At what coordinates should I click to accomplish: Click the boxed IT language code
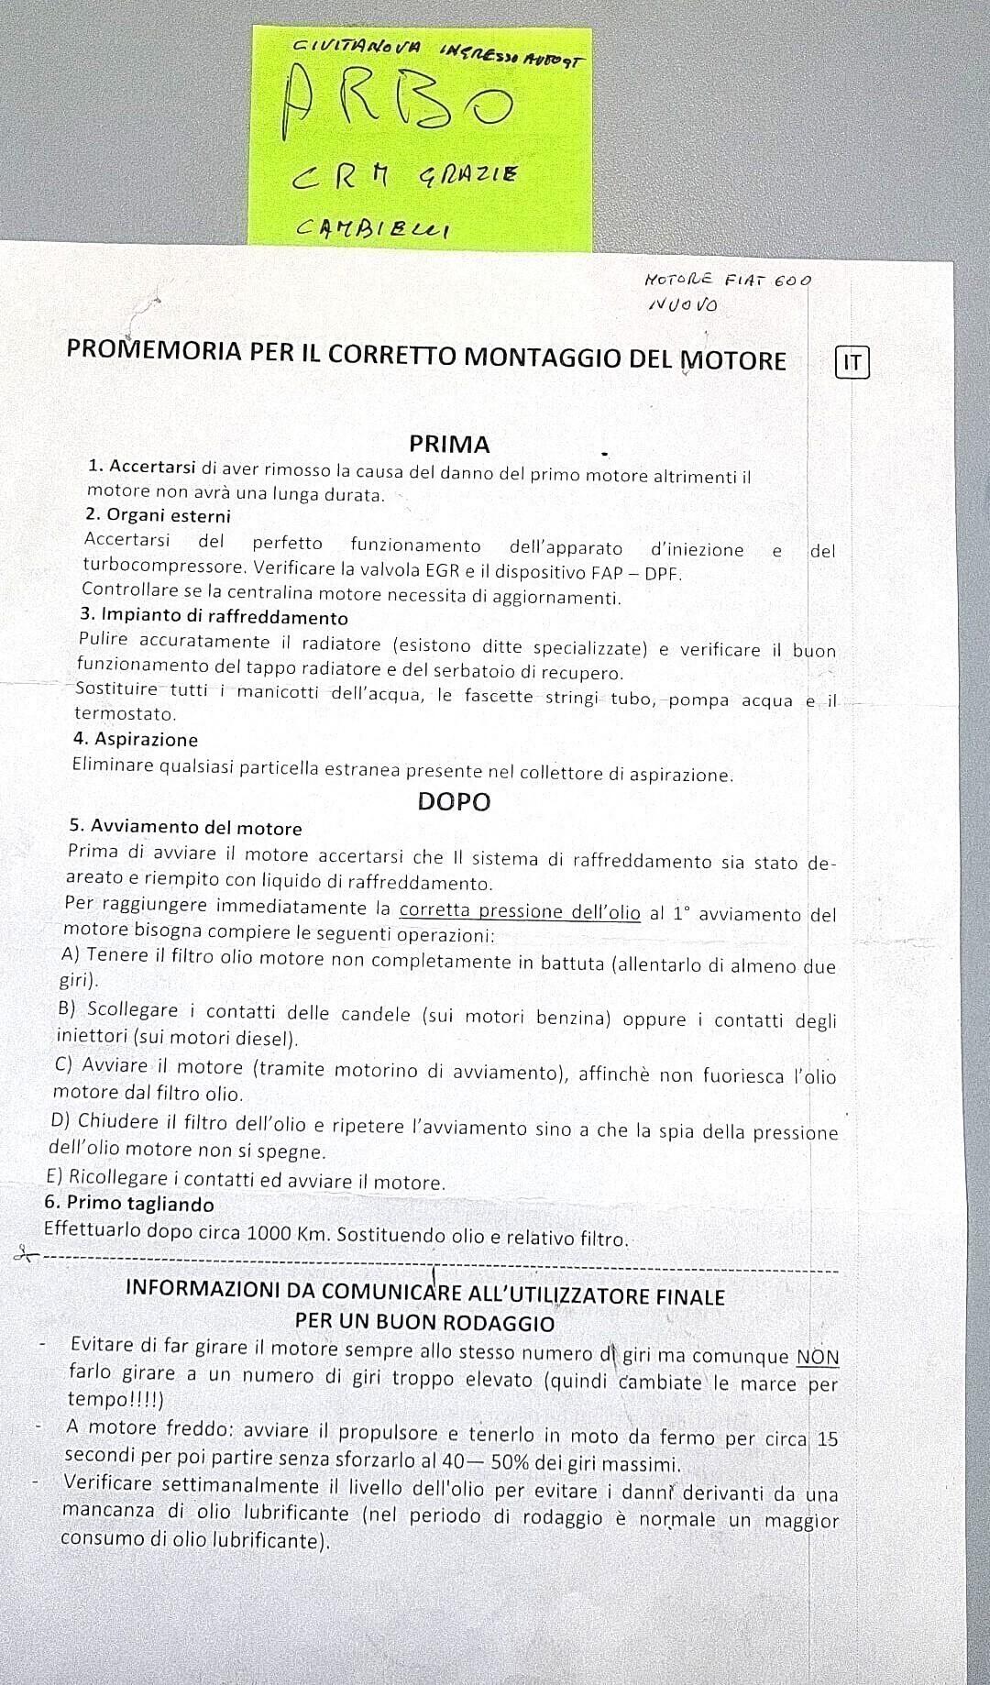852,362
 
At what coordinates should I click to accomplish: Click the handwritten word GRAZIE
468,172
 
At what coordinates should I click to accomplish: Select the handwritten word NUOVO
683,304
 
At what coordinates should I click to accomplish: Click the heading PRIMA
449,445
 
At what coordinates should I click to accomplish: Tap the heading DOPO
454,801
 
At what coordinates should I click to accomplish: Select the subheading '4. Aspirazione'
136,739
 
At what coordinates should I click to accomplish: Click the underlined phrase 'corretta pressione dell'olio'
520,911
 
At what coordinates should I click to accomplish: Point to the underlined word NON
818,1357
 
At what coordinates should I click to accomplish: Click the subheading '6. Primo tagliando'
129,1205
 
